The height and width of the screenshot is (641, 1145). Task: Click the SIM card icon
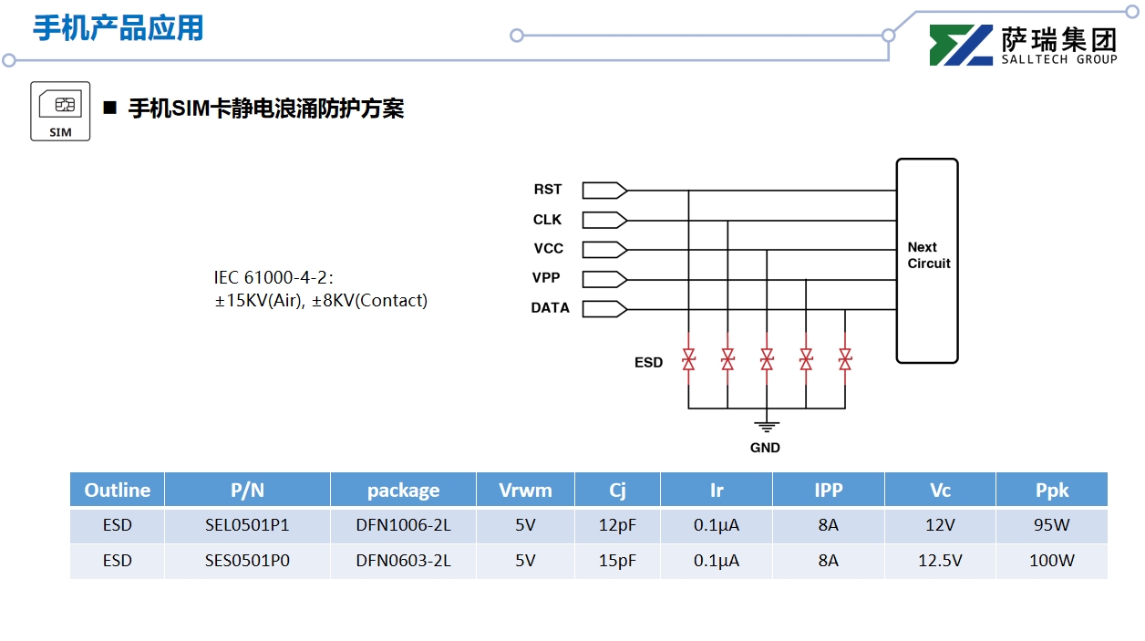tap(60, 111)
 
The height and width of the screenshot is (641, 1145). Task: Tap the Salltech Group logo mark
tap(961, 46)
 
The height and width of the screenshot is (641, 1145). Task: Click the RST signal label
tap(548, 190)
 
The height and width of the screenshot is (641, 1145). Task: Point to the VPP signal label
tap(546, 278)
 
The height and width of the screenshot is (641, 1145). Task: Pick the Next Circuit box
tap(927, 261)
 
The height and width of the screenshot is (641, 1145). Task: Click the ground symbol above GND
tap(767, 425)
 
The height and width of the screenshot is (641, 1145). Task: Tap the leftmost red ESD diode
tap(689, 359)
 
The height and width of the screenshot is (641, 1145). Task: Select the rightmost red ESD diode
tap(845, 359)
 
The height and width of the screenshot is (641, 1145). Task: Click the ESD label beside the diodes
tap(648, 363)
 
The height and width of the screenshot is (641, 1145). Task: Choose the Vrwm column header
tap(525, 491)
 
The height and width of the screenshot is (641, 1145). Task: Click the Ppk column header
tap(1051, 491)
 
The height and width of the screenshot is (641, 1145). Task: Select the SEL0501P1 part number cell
tap(247, 525)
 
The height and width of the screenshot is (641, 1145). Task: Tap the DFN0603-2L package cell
tap(403, 561)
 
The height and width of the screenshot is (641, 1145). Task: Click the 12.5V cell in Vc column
tap(940, 561)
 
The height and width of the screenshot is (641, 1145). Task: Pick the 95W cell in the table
tap(1051, 525)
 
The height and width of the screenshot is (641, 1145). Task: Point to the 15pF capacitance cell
tap(617, 561)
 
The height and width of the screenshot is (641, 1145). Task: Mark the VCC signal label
tap(549, 249)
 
